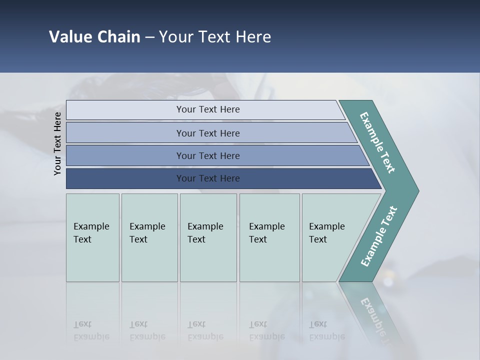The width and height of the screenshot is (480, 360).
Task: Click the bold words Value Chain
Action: click(94, 37)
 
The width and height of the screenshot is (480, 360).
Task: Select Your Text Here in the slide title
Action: click(215, 37)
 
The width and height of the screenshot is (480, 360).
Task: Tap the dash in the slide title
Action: click(149, 37)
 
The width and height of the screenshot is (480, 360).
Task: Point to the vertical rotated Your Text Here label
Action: click(57, 144)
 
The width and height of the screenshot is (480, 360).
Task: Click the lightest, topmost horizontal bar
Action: click(207, 109)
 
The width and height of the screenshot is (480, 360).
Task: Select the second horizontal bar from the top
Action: click(207, 133)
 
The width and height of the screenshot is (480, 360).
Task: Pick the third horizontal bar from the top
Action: click(207, 155)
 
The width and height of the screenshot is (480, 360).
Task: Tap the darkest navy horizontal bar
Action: click(207, 178)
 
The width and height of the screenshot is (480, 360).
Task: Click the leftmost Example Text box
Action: click(92, 237)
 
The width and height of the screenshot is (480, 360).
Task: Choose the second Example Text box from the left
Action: click(149, 237)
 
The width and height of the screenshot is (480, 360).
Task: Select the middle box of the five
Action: click(208, 237)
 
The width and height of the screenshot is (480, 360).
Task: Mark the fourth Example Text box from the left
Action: click(269, 237)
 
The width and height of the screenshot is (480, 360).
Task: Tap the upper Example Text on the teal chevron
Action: click(377, 142)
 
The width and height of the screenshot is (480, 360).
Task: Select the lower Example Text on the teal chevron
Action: click(379, 236)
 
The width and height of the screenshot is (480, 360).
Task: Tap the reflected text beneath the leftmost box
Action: click(91, 330)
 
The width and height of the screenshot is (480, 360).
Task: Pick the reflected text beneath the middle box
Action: click(205, 330)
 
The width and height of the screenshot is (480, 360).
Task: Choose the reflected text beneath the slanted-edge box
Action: click(327, 330)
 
